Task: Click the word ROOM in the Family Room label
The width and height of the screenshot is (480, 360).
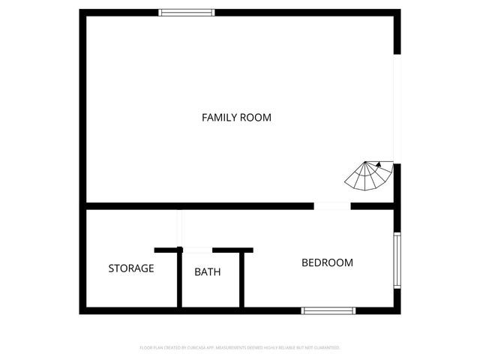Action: tap(256, 117)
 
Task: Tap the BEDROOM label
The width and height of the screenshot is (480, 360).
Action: tap(327, 262)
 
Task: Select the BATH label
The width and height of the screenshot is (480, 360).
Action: tap(207, 271)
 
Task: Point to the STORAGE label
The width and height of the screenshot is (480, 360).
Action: tap(131, 268)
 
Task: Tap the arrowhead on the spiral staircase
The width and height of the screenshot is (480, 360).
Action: tap(379, 163)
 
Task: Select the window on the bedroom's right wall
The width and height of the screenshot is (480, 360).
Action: tap(397, 259)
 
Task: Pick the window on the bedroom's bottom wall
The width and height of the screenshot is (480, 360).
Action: tap(328, 310)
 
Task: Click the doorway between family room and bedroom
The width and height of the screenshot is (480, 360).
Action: tap(331, 205)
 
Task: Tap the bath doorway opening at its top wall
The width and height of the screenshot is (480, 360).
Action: tap(197, 249)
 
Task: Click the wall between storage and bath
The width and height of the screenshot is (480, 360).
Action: tap(179, 279)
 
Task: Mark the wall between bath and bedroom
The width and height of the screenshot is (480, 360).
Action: tap(241, 279)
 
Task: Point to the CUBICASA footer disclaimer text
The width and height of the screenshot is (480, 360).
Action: tap(240, 348)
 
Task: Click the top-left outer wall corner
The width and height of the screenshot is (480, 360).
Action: tap(82, 13)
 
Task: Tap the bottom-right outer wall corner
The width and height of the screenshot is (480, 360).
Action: tap(397, 310)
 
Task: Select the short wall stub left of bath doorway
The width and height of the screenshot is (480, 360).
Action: tap(167, 249)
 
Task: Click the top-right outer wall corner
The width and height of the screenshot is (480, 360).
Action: tap(397, 13)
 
